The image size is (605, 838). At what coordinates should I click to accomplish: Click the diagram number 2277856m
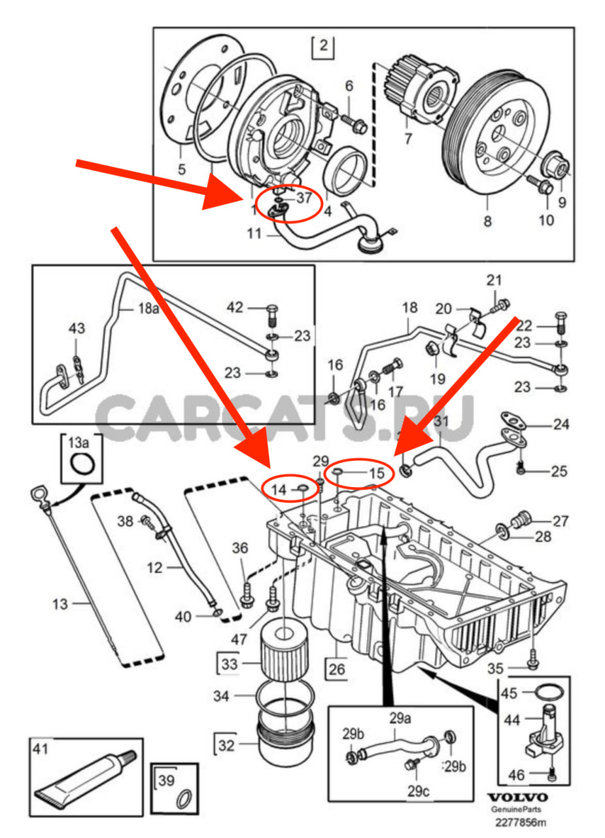pos(520,822)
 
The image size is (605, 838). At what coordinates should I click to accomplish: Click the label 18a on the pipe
pos(147,308)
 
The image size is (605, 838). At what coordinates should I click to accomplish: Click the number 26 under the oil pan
pos(336,670)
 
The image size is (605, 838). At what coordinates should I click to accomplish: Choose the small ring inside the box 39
pos(185,797)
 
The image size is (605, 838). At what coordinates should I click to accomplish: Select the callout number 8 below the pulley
pos(487,221)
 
